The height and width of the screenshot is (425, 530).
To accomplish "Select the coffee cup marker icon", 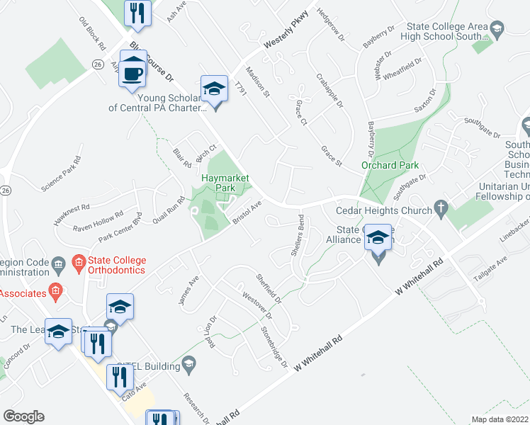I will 132,72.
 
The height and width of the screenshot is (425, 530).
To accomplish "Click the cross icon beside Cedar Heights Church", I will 441,210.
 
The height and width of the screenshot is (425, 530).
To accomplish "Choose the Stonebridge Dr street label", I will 274,346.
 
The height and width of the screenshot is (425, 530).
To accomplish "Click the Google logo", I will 23,416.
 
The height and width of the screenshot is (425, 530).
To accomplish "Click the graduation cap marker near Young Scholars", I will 214,89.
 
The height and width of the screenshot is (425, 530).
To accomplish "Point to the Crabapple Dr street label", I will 329,91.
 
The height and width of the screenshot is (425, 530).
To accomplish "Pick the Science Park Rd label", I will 62,177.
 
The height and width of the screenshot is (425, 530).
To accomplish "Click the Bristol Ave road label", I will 249,212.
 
